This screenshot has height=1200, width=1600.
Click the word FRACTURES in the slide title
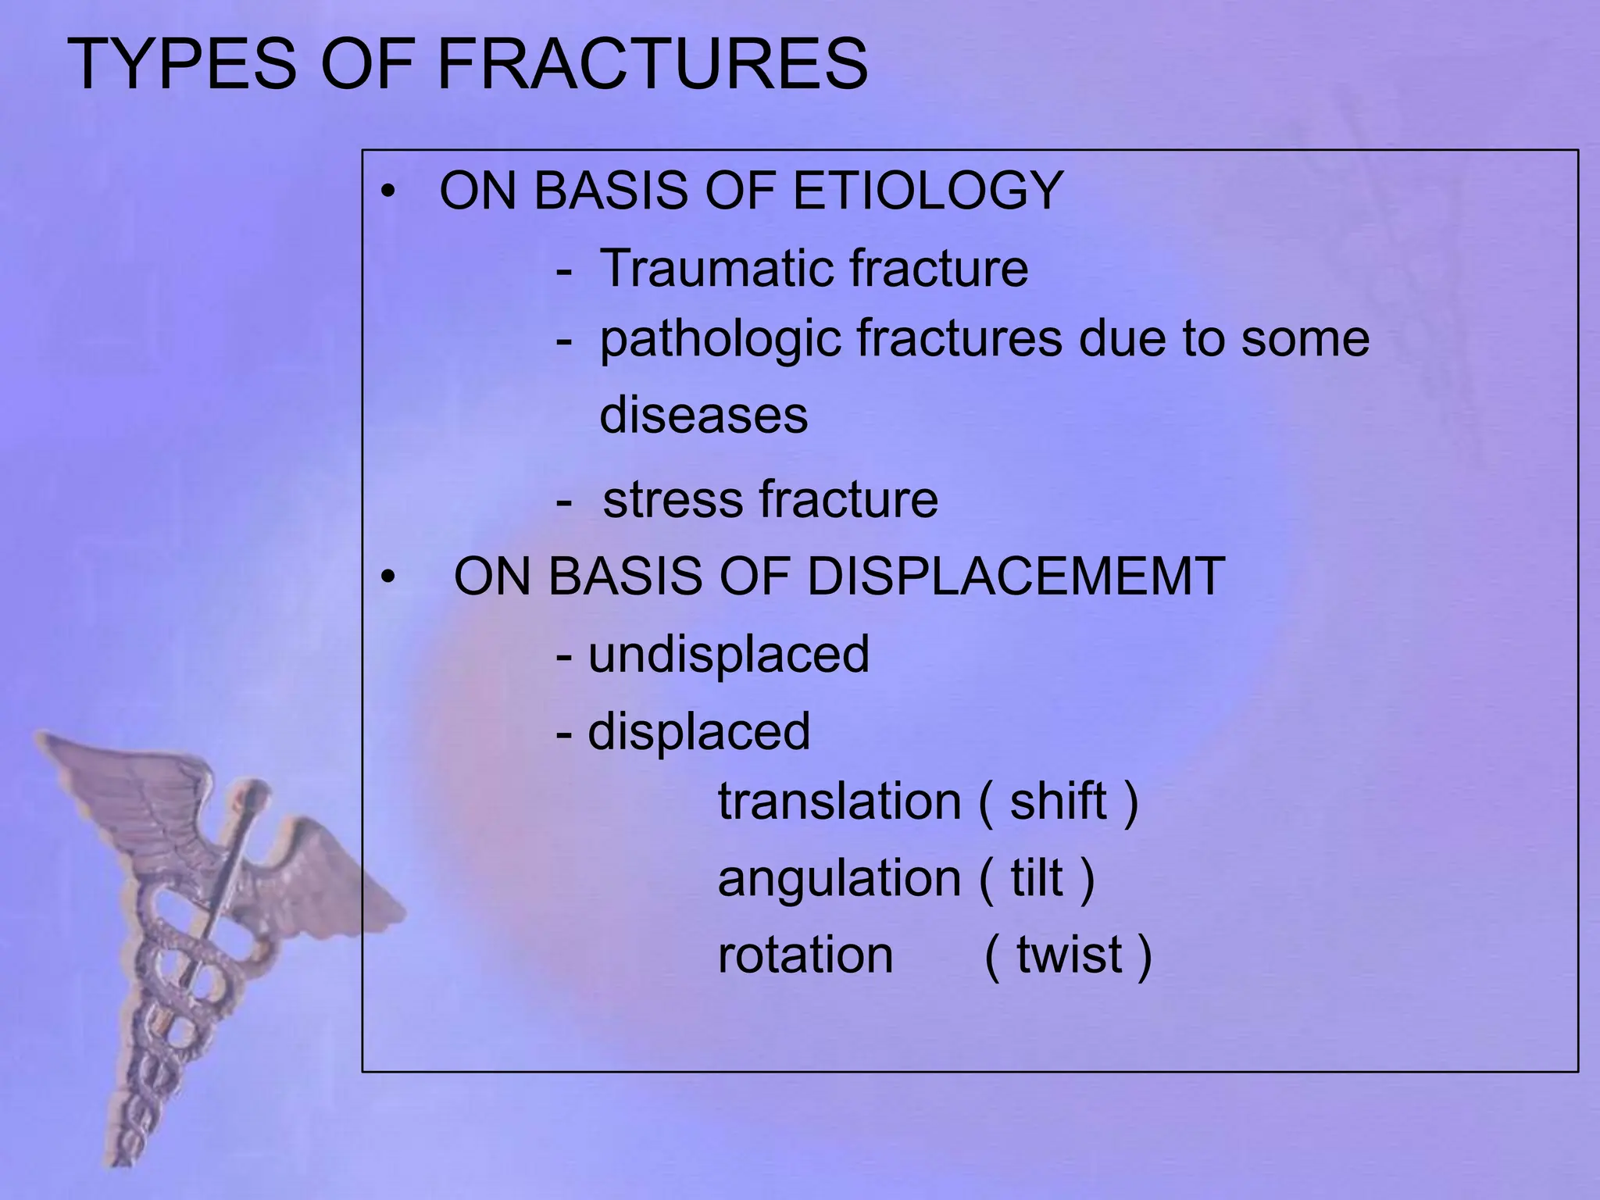coord(652,64)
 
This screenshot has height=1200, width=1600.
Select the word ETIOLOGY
coord(928,191)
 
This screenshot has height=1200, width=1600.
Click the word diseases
coord(703,415)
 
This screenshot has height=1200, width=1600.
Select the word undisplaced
coord(728,654)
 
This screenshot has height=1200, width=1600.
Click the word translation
coord(839,802)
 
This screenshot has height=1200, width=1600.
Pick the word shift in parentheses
coord(1058,802)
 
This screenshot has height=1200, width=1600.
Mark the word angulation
coord(839,879)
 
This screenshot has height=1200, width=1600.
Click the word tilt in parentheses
coord(1037,879)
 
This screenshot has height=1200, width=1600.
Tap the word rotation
coord(805,955)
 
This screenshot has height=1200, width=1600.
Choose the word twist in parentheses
coord(1069,955)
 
